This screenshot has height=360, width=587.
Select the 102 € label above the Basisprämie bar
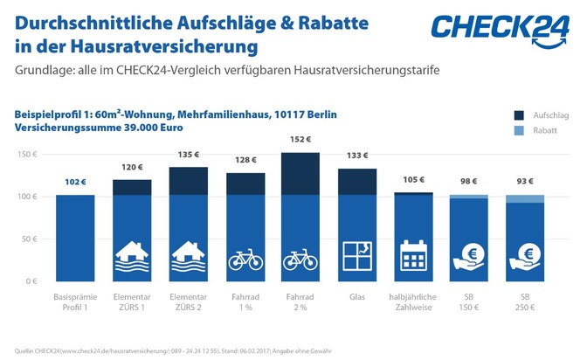click(74, 182)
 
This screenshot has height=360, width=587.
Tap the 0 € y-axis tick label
click(31, 280)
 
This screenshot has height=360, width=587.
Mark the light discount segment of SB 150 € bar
click(468, 197)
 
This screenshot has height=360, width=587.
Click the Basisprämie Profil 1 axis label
click(74, 302)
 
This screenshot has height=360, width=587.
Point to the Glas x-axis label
click(357, 298)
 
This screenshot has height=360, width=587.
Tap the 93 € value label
click(524, 182)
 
